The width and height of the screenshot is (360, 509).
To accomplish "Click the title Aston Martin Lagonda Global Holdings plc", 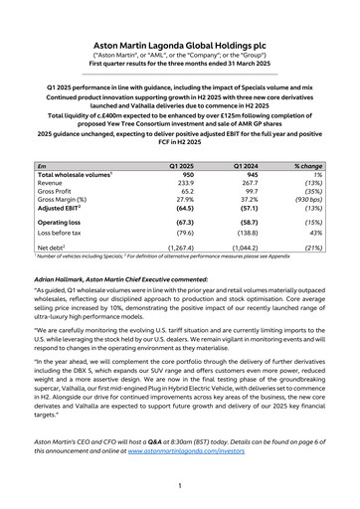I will (179, 46).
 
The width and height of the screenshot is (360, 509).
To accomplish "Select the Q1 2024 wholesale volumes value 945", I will (248, 175).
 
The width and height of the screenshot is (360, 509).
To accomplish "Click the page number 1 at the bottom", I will (179, 486).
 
